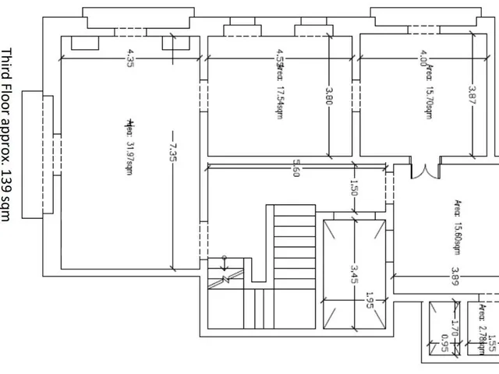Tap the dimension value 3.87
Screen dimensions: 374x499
472,95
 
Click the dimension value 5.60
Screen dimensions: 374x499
296,168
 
